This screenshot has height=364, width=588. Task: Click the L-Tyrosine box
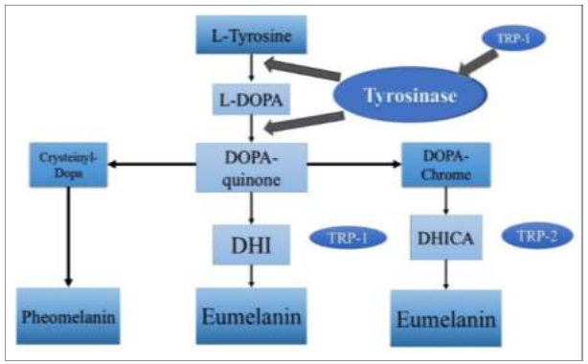click(251, 38)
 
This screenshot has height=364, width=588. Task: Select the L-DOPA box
click(251, 99)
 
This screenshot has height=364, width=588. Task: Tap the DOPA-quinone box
click(251, 166)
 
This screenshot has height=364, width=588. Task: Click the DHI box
click(251, 244)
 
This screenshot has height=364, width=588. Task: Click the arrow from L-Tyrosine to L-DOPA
click(251, 68)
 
